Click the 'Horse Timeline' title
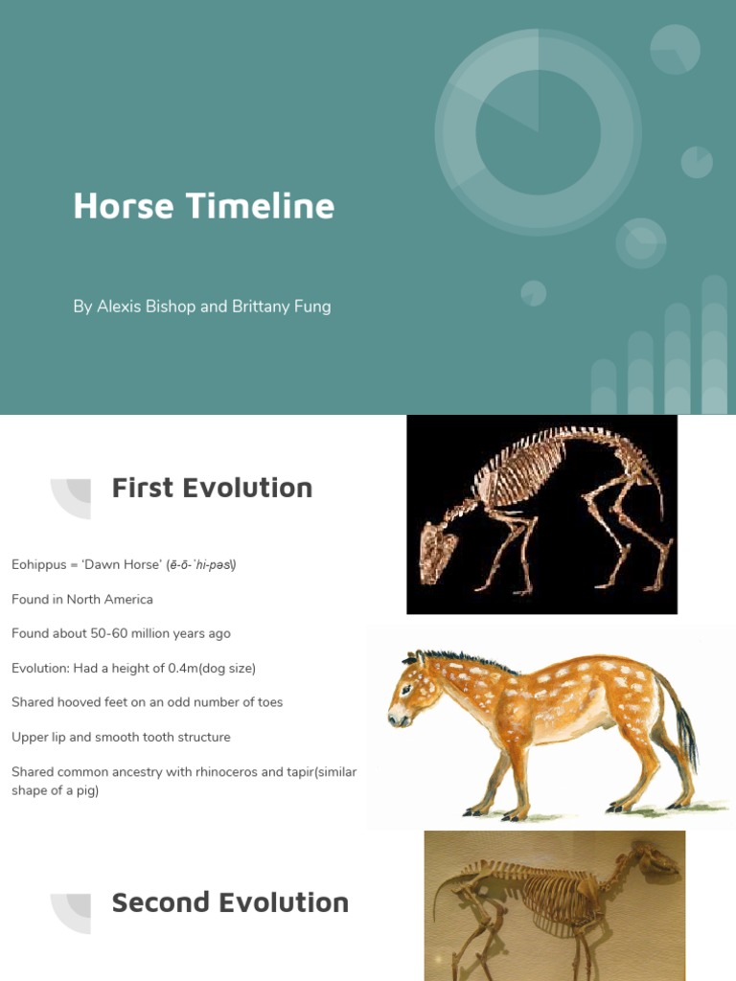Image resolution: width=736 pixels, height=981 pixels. click(203, 206)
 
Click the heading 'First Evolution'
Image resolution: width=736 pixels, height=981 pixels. click(212, 488)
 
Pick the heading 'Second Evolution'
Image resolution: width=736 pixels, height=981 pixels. click(230, 902)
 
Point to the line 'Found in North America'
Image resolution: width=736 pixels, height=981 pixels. click(82, 599)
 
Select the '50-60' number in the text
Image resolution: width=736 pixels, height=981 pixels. click(115, 633)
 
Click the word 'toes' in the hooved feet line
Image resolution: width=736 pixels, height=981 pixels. click(270, 702)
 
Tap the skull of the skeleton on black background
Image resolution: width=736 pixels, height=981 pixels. click(438, 552)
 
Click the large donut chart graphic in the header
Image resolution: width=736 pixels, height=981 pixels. click(538, 131)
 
